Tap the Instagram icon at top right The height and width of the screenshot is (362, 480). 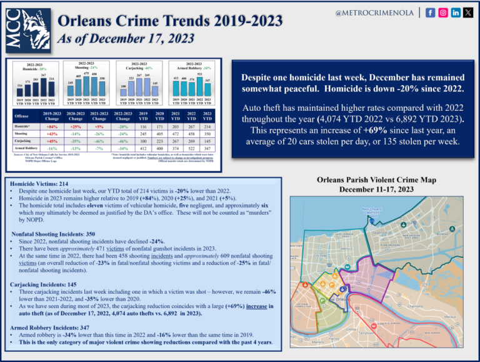pos(443,12)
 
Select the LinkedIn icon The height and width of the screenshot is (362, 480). pos(455,12)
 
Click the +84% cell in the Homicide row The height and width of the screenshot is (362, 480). pos(53,126)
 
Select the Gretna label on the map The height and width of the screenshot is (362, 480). pos(351,328)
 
